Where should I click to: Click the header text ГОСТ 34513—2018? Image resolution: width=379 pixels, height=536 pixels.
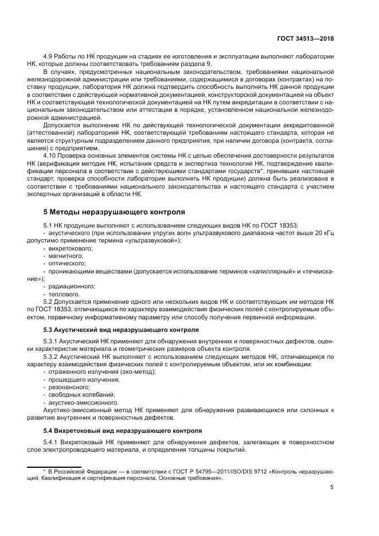(306, 38)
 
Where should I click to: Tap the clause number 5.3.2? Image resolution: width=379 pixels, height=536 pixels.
(53, 356)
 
